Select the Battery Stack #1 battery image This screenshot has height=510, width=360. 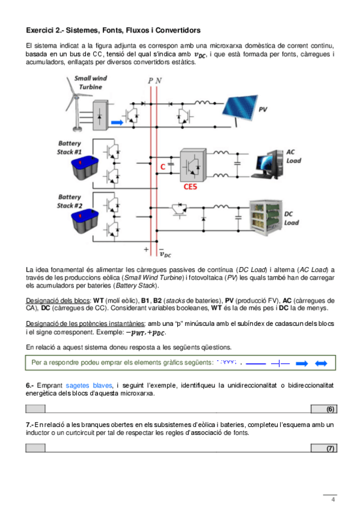click(x=85, y=168)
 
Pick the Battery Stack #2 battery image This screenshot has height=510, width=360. click(x=85, y=221)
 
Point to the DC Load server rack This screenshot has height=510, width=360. click(x=266, y=218)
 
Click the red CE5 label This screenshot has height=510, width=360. click(x=191, y=186)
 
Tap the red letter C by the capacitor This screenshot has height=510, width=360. click(x=163, y=167)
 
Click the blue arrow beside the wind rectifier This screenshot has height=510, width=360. click(x=117, y=122)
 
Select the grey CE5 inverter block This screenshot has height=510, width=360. click(x=194, y=165)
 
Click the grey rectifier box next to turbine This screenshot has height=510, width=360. click(x=100, y=115)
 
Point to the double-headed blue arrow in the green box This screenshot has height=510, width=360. click(x=321, y=363)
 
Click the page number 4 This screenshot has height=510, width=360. click(x=333, y=499)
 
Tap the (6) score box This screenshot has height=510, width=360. click(x=324, y=409)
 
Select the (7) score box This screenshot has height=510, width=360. click(x=324, y=448)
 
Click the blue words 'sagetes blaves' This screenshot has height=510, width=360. click(x=89, y=386)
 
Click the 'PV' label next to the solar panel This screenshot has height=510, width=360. click(x=263, y=109)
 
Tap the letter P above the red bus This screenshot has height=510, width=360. click(x=150, y=81)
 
